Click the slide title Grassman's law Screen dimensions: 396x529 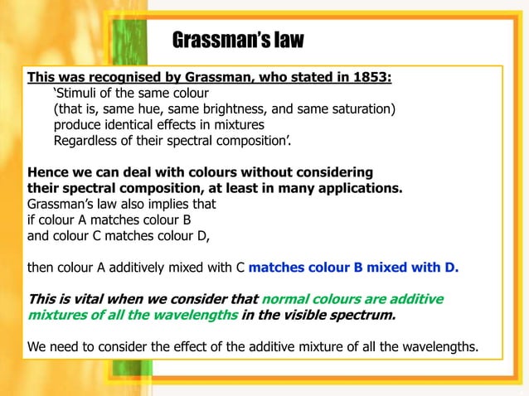pyautogui.click(x=238, y=40)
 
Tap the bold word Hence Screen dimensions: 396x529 pyautogui.click(x=48, y=172)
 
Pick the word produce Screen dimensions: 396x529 pyautogui.click(x=78, y=125)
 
